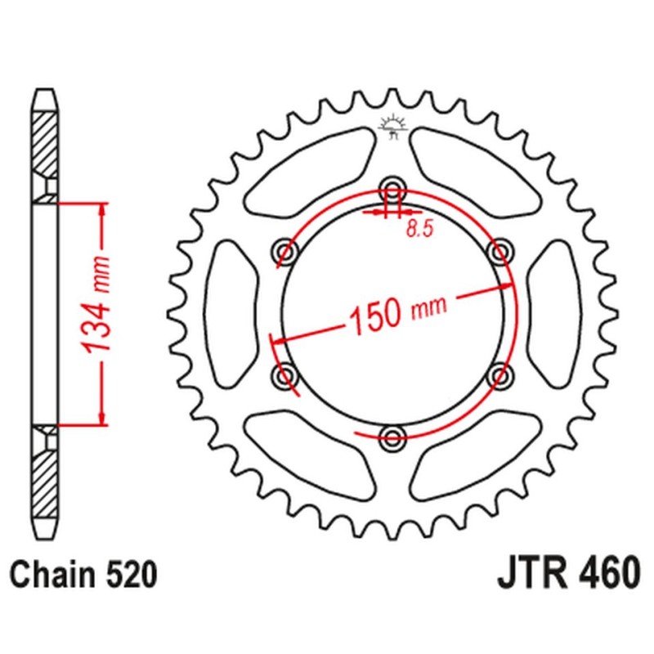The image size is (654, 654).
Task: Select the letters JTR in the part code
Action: coord(529,575)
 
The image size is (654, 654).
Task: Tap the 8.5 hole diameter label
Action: coord(418,230)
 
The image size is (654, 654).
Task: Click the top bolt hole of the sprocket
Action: coord(392,187)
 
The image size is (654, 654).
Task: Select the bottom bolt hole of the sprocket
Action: coord(392,435)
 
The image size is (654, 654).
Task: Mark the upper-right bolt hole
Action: coord(499,250)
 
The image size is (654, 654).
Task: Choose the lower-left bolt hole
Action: coord(284,374)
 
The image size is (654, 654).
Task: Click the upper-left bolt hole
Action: coord(284,250)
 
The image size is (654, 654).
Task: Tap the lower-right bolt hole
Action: coord(499,374)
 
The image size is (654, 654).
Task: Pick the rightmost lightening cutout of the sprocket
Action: coord(553,312)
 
